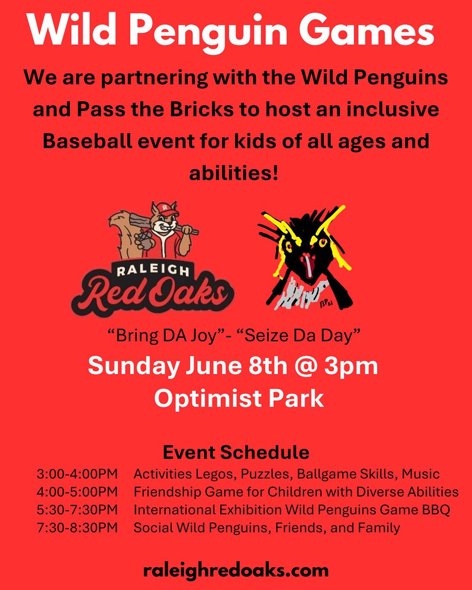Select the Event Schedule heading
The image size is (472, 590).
coord(236,452)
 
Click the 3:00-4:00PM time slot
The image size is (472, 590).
coord(78,474)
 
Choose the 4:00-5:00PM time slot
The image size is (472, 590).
coord(78,492)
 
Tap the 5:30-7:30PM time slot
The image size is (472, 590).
coord(78,510)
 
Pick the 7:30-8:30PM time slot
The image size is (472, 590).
coord(78,528)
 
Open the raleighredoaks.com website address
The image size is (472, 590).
coord(236,571)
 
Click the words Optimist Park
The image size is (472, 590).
coord(239,398)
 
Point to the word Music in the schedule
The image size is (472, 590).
coord(421,474)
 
